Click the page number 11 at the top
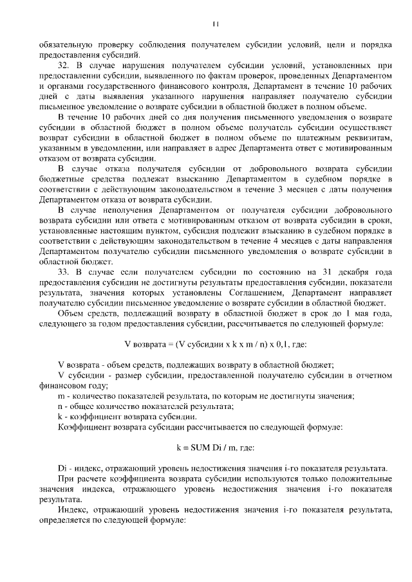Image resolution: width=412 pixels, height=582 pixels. (x=216, y=24)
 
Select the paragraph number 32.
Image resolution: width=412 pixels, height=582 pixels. (x=63, y=65)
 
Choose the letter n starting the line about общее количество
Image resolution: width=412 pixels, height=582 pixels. (x=61, y=406)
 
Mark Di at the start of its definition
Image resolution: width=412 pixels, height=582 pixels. (x=62, y=467)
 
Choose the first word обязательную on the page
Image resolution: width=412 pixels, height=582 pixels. (x=64, y=45)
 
